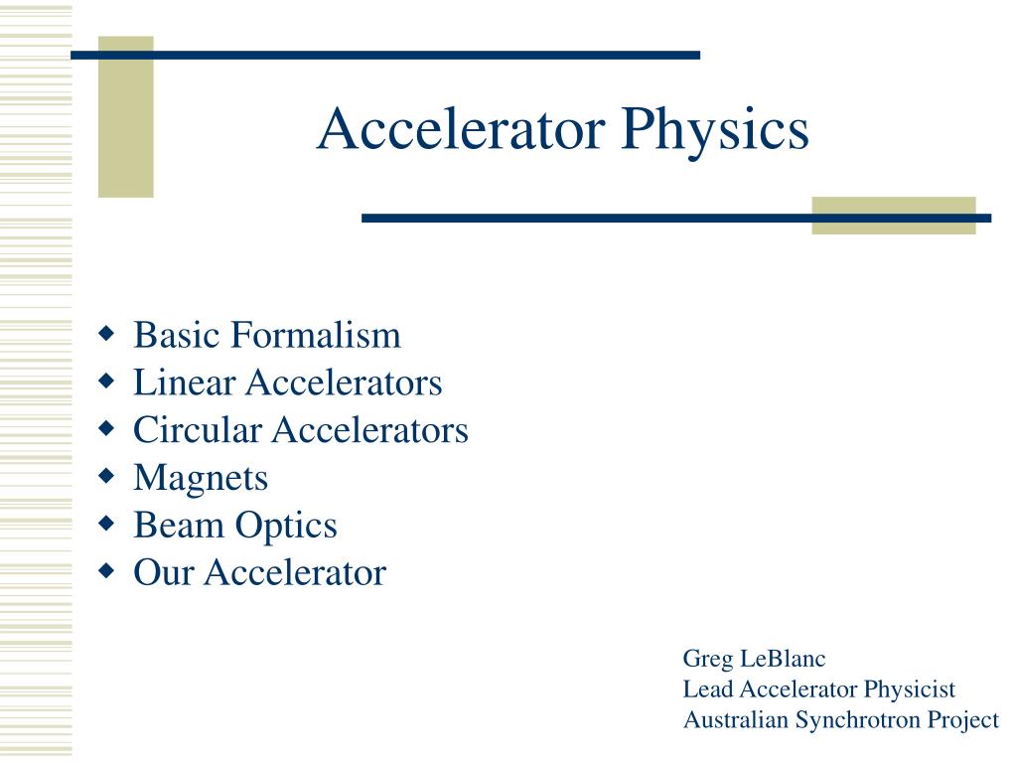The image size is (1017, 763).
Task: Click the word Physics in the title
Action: (715, 132)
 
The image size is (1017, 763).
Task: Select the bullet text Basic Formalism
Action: (267, 335)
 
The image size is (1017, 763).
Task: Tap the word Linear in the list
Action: (184, 382)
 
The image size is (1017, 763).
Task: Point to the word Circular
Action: (198, 429)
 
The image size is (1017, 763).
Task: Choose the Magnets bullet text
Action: (201, 479)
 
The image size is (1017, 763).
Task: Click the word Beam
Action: (179, 525)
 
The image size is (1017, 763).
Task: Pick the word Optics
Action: (286, 527)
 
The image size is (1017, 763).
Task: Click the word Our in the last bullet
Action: (164, 572)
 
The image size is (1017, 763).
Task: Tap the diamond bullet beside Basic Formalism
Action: (106, 334)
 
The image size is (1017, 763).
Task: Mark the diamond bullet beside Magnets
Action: (106, 476)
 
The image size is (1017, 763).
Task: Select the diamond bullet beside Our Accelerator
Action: (106, 571)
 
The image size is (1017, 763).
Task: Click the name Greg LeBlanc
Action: (755, 660)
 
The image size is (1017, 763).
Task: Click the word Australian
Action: (736, 719)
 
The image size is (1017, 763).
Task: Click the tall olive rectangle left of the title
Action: (126, 117)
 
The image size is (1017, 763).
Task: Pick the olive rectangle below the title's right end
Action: (894, 216)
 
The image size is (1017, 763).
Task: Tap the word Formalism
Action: (316, 335)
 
